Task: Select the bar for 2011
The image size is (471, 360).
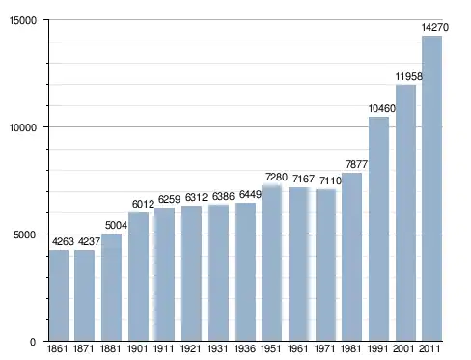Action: [x=431, y=188]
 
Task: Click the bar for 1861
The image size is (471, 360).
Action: [x=59, y=295]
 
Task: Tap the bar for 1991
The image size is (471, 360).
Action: [x=378, y=229]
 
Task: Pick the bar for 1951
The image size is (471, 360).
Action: [x=272, y=263]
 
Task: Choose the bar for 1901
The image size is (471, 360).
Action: [x=138, y=276]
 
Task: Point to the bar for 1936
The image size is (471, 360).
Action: [x=245, y=271]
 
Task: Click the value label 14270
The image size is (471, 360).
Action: [x=435, y=27]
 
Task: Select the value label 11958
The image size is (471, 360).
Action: [x=408, y=76]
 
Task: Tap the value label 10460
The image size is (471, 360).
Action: [x=381, y=108]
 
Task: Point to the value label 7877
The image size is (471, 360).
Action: [x=356, y=164]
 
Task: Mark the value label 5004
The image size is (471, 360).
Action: [x=116, y=225]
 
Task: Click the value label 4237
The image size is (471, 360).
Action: [x=89, y=241]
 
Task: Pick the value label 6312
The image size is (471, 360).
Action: [x=196, y=197]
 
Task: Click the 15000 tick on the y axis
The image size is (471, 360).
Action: [x=23, y=20]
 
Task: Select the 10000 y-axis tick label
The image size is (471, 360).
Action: [x=23, y=127]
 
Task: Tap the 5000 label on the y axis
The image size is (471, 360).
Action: [x=24, y=235]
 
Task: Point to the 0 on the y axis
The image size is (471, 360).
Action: [x=33, y=342]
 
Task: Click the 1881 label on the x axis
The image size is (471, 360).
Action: [x=110, y=348]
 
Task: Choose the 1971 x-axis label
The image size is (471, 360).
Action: [x=324, y=348]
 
